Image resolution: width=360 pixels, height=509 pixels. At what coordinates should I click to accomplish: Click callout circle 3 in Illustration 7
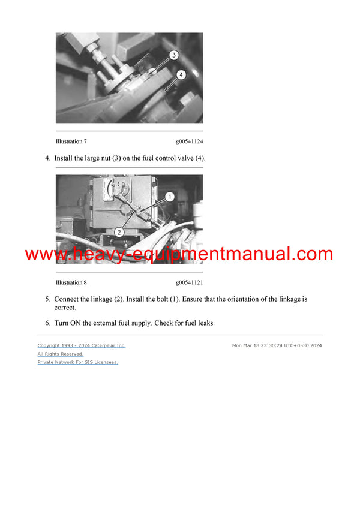[173, 55]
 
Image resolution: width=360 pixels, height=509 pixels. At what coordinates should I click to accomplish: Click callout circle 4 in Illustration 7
[182, 74]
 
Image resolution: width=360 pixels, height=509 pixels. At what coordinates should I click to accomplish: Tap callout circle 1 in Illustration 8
[169, 196]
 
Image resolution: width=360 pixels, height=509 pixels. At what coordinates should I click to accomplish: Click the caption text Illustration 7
[71, 142]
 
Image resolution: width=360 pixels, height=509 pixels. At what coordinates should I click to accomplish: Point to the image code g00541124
[189, 142]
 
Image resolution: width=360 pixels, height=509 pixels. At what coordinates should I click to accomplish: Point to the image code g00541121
[189, 282]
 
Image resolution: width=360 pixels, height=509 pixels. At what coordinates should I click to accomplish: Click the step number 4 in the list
[47, 158]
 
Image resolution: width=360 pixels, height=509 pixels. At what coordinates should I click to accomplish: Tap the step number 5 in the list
[47, 299]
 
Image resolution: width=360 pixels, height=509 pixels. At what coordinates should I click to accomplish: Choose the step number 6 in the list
[47, 323]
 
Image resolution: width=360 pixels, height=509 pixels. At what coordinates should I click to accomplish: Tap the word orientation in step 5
[247, 299]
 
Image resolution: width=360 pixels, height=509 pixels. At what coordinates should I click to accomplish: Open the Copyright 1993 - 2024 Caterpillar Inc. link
[82, 345]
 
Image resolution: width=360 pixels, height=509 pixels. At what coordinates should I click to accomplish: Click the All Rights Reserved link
[61, 354]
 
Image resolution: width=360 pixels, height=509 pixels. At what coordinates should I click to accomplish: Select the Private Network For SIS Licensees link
[77, 362]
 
